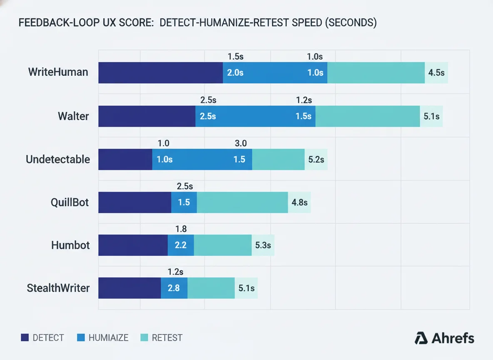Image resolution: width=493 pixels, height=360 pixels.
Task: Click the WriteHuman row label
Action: tap(58, 72)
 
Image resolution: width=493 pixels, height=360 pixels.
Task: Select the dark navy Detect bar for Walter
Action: tap(147, 116)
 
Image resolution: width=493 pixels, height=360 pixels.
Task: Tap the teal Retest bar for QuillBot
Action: tap(242, 202)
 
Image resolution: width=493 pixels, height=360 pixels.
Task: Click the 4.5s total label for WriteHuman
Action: tap(436, 72)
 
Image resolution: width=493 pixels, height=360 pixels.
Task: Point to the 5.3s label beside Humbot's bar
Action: tap(263, 245)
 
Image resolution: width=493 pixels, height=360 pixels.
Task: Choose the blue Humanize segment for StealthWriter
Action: tap(174, 288)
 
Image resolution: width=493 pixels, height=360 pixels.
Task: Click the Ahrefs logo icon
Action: tap(421, 338)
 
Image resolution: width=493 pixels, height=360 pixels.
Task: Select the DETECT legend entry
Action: tap(42, 338)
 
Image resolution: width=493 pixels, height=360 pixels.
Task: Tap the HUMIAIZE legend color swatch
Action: tap(81, 338)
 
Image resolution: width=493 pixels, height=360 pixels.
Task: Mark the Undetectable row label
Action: tap(58, 159)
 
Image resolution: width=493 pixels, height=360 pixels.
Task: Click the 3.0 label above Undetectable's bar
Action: tap(241, 143)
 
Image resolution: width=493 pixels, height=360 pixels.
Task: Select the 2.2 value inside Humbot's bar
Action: tap(181, 245)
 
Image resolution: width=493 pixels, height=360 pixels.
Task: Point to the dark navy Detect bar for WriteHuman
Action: tap(160, 72)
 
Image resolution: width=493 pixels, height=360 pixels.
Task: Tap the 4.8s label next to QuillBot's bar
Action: tap(299, 202)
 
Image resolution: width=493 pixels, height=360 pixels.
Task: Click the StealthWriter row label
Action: tap(58, 288)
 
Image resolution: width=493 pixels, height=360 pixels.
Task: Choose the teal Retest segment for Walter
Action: tap(367, 116)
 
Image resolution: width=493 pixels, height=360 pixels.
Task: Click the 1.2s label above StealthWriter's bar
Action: tap(175, 272)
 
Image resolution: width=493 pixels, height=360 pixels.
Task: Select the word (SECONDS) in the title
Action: tap(350, 23)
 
